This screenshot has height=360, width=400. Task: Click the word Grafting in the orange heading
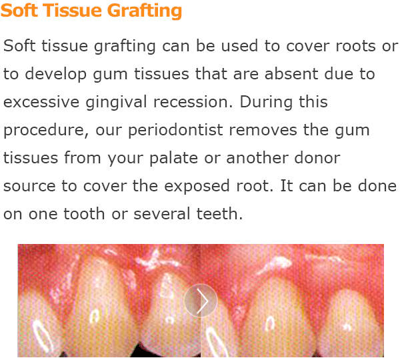pos(144,11)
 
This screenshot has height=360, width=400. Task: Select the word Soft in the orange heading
pos(19,10)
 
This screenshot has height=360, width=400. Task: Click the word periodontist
pos(175,130)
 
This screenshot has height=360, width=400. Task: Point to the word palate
pos(173,158)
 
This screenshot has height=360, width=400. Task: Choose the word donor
pos(317,157)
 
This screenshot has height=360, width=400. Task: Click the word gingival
pos(116,103)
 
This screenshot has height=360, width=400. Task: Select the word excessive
pos(41,102)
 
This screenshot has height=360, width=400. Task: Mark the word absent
pos(291,74)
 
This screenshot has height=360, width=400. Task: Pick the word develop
pos(55,75)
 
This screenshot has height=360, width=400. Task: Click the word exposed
pos(197,186)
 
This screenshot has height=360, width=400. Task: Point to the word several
pos(162,213)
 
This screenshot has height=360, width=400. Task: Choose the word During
pos(266,103)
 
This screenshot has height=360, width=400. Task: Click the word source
pos(29,186)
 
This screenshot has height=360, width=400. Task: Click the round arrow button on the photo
pos(201,301)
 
